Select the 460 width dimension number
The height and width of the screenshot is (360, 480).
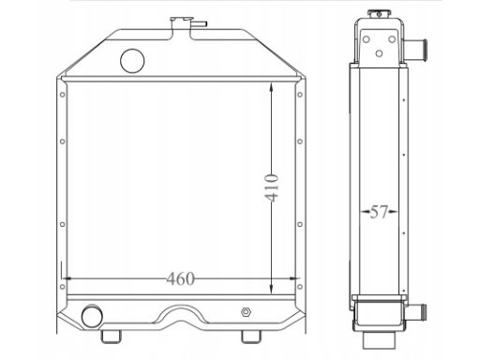[180, 278]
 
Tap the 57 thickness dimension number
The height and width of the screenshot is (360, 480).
[377, 212]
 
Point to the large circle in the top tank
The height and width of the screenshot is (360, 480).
[135, 59]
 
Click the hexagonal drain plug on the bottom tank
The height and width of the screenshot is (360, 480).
[246, 312]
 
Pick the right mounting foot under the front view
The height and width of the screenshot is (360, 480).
[251, 335]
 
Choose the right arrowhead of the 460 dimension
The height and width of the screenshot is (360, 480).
[297, 278]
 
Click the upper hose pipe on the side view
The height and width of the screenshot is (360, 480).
[416, 44]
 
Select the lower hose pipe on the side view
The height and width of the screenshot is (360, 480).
[417, 308]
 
